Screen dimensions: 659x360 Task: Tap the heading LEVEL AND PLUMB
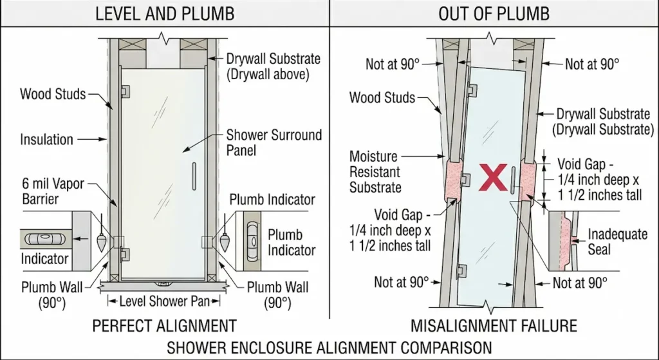click(165, 14)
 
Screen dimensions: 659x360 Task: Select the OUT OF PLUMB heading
click(494, 14)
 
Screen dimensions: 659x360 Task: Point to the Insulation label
click(46, 138)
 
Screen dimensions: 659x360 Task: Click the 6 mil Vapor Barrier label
click(53, 191)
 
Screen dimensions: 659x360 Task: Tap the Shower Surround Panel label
click(273, 143)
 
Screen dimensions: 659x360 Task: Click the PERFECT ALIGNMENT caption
click(165, 325)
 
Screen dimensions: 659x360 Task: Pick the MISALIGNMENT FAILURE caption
click(494, 325)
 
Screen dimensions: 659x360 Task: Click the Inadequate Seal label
click(617, 242)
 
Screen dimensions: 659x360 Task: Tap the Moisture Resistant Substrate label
click(375, 172)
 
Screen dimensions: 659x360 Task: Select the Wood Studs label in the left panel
click(53, 95)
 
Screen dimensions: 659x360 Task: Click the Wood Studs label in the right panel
click(382, 98)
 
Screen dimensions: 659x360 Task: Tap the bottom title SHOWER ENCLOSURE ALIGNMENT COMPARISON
click(329, 347)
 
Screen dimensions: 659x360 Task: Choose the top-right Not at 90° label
click(591, 64)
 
